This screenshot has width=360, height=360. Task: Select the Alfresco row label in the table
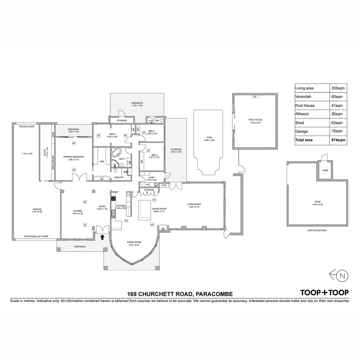[302, 114]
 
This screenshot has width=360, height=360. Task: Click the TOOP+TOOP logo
[324, 293]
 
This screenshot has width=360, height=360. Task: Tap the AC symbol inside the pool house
[255, 97]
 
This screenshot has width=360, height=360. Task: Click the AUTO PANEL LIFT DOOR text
[36, 236]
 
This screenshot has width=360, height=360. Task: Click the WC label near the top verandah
[157, 120]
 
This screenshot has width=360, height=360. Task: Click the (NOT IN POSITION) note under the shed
[317, 230]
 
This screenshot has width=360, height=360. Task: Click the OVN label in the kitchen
[128, 195]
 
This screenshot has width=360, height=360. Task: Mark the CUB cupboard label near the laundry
[163, 185]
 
